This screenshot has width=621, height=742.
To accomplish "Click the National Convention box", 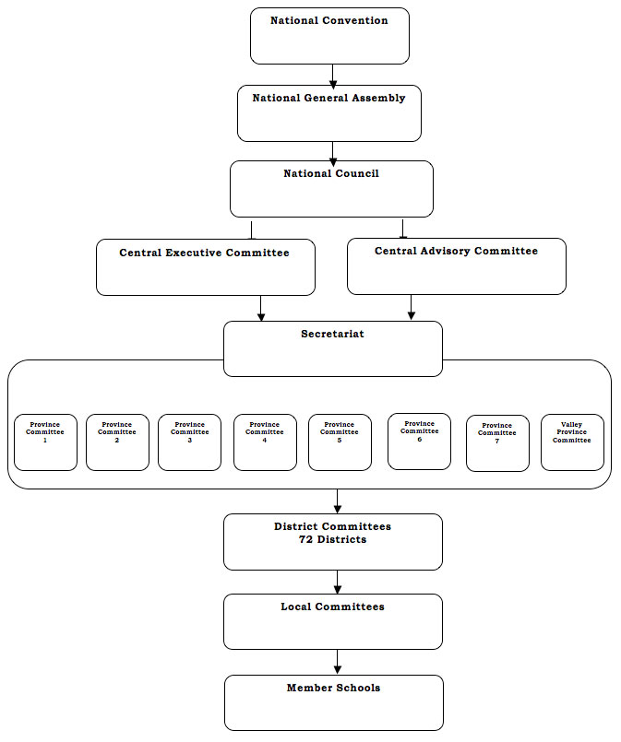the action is (329, 36).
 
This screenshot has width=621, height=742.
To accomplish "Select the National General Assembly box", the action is (329, 113).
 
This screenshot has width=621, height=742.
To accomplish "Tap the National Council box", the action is (331, 189).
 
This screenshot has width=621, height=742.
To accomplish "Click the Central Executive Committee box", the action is (206, 267).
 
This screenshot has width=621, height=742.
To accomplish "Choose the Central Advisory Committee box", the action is (457, 266).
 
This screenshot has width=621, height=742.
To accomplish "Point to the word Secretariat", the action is (332, 334).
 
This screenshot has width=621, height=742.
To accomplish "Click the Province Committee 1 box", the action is (45, 442).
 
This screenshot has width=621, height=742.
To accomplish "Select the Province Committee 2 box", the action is (117, 442).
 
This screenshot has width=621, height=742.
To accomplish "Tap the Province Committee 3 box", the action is (189, 442).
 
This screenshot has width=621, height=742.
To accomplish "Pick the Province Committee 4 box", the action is (265, 442).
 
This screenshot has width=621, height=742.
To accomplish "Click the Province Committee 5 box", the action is (340, 442).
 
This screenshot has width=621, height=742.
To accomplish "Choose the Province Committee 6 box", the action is (419, 442).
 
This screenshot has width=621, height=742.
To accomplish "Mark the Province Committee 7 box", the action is (498, 443).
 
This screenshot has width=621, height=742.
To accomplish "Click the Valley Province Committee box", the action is (573, 442).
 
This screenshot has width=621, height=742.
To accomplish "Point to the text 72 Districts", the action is (332, 539).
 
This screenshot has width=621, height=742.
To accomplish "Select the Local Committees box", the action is (333, 622).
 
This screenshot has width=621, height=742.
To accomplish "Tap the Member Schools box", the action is (334, 702).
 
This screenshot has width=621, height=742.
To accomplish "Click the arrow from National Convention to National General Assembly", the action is (333, 77).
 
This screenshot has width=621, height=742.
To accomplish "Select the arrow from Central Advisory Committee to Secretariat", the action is (412, 307).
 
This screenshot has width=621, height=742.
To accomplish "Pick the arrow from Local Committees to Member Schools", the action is (338, 662).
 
